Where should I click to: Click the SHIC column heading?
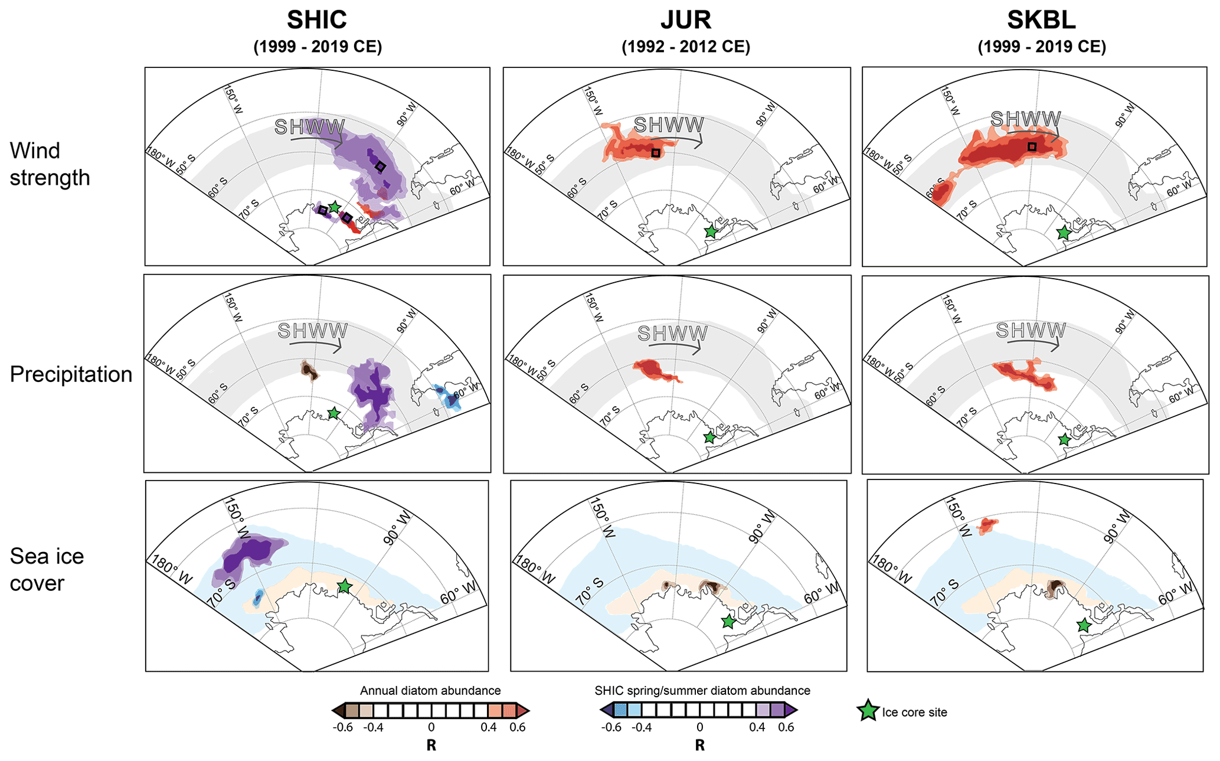(317, 20)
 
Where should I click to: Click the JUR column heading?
(685, 20)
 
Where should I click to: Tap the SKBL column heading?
(1041, 20)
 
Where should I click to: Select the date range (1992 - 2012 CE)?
(685, 47)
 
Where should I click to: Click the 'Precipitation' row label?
(71, 374)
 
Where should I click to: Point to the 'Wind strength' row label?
(50, 164)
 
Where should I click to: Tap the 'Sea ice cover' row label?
(47, 569)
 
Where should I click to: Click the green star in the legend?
(868, 711)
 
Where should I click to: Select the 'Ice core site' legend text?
(914, 712)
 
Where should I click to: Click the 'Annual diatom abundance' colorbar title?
(430, 690)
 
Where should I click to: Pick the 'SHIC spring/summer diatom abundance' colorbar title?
(702, 690)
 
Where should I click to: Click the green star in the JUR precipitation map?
(709, 437)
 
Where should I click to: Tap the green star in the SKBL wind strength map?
(1064, 233)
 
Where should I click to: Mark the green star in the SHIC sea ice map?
(345, 586)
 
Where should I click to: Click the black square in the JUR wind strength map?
(656, 153)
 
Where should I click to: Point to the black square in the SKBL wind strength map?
(1032, 146)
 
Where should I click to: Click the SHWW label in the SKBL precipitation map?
(1031, 330)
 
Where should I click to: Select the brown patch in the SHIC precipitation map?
(309, 370)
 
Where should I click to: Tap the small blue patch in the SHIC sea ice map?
(257, 598)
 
